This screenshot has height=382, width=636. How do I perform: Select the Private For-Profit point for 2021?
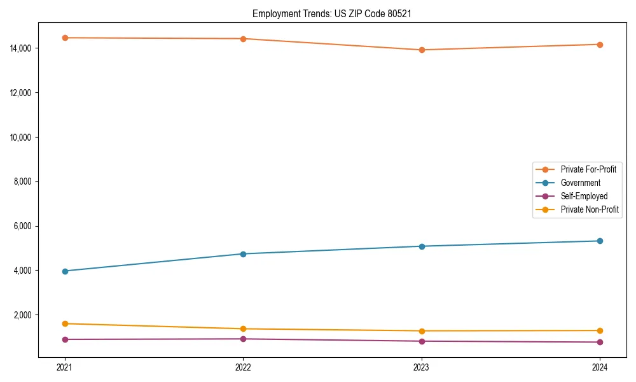[x=64, y=38]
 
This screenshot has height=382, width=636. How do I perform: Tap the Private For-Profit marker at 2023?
[x=422, y=50]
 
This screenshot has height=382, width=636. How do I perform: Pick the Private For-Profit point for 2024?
[x=600, y=45]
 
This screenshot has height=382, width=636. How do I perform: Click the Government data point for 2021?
[x=64, y=271]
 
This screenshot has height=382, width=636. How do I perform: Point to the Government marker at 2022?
[x=243, y=254]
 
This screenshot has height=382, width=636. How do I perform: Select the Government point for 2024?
[x=600, y=241]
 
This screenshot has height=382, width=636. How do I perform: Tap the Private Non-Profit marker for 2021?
[x=64, y=323]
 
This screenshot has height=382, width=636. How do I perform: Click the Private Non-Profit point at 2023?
[x=422, y=331]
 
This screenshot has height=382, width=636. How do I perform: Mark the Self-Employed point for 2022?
[x=243, y=339]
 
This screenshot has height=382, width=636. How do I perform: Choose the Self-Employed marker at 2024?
[x=600, y=342]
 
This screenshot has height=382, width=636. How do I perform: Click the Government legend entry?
[x=580, y=183]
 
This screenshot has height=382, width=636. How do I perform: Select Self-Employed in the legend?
[x=584, y=196]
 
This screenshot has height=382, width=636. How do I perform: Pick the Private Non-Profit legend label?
[x=590, y=209]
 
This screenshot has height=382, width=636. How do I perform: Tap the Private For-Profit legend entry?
[x=588, y=169]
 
